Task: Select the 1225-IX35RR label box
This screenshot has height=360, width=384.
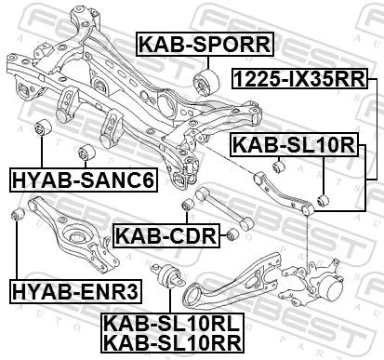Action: [313, 80]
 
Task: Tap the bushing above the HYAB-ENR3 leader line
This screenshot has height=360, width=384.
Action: [15, 216]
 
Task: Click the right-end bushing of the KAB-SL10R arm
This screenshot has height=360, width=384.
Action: [322, 199]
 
